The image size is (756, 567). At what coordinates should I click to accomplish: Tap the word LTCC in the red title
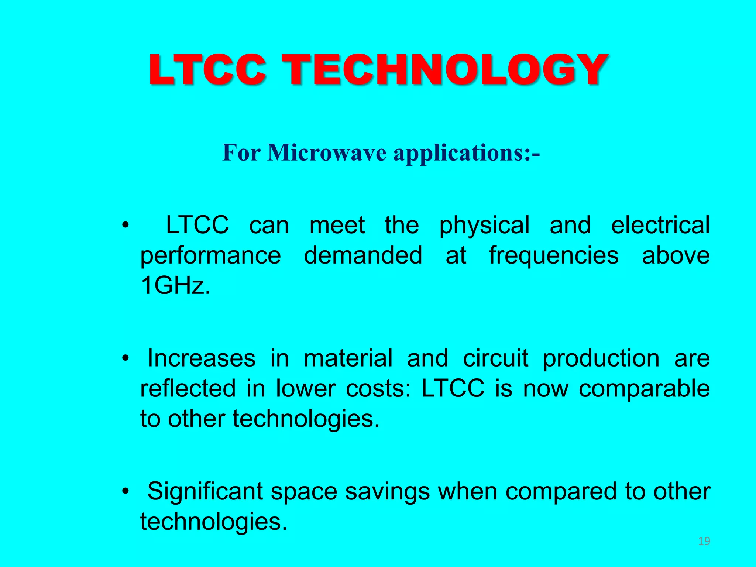click(207, 70)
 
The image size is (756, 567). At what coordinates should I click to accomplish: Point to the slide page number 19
click(704, 542)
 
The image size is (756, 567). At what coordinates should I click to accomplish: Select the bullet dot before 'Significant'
click(126, 491)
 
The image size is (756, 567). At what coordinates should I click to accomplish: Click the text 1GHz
click(175, 285)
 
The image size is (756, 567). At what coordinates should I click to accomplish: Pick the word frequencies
click(554, 256)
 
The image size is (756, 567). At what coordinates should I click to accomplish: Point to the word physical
click(484, 226)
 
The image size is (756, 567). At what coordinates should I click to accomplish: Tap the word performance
click(210, 256)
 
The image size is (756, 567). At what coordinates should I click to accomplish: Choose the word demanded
click(363, 255)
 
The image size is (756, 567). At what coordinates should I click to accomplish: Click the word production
click(601, 359)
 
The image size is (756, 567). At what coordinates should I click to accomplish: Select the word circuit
click(495, 358)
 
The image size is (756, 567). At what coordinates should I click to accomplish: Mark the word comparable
click(644, 389)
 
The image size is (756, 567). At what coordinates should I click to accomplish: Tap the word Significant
click(205, 492)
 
